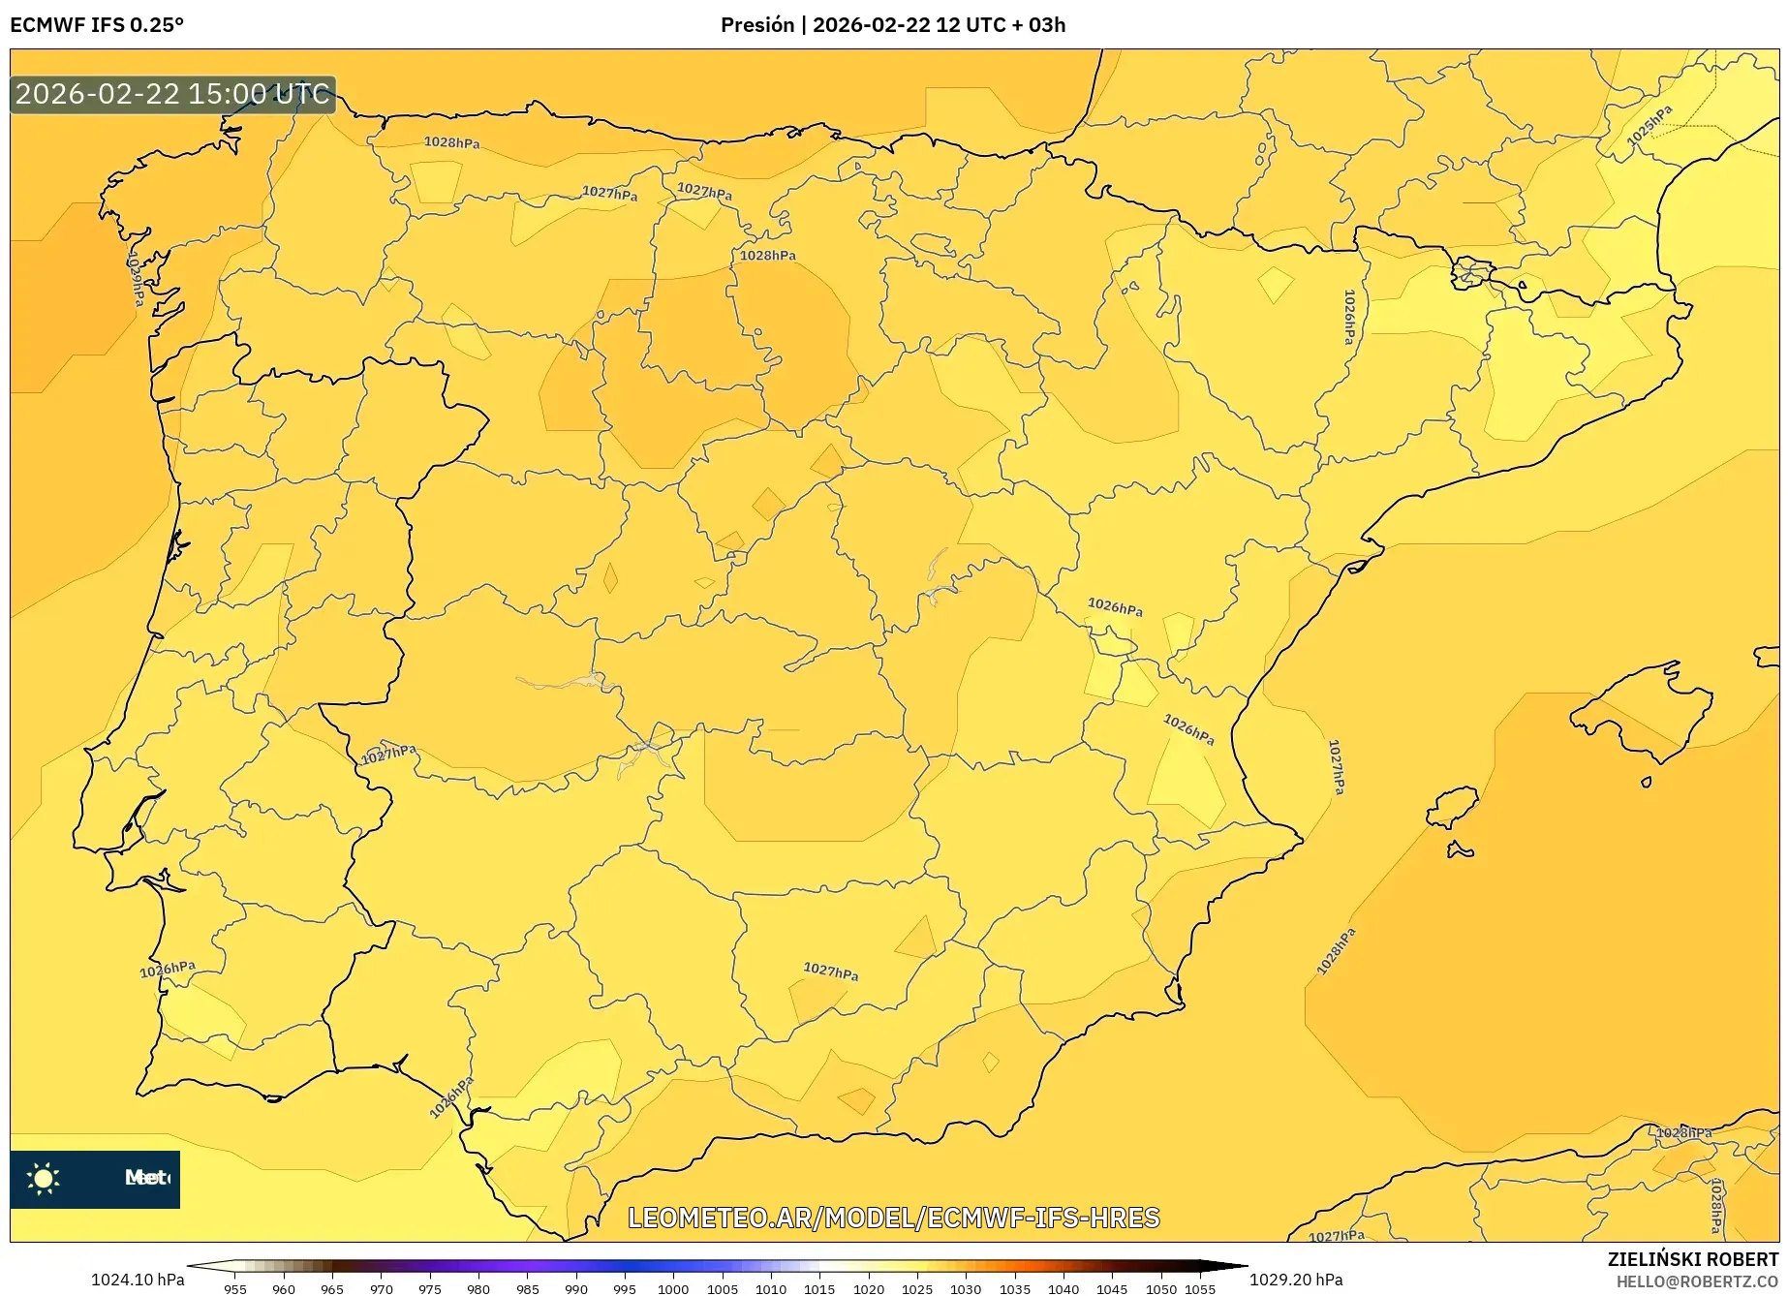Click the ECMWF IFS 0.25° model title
(97, 25)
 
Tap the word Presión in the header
(756, 25)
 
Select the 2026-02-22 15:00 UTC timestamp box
(173, 94)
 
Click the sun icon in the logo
(44, 1178)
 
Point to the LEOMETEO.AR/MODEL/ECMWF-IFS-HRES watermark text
(893, 1218)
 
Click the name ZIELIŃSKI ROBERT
(1692, 1259)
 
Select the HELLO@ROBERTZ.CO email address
(1697, 1281)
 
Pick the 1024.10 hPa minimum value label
(138, 1280)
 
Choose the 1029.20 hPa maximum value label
(1296, 1280)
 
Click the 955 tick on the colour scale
(235, 1289)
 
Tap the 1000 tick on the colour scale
(673, 1289)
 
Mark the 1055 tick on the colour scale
(1199, 1289)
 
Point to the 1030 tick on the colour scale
(966, 1289)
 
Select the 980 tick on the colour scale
(478, 1289)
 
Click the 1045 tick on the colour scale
(1112, 1289)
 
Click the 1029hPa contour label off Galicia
(136, 280)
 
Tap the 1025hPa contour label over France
(1649, 126)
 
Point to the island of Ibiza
(1453, 807)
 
